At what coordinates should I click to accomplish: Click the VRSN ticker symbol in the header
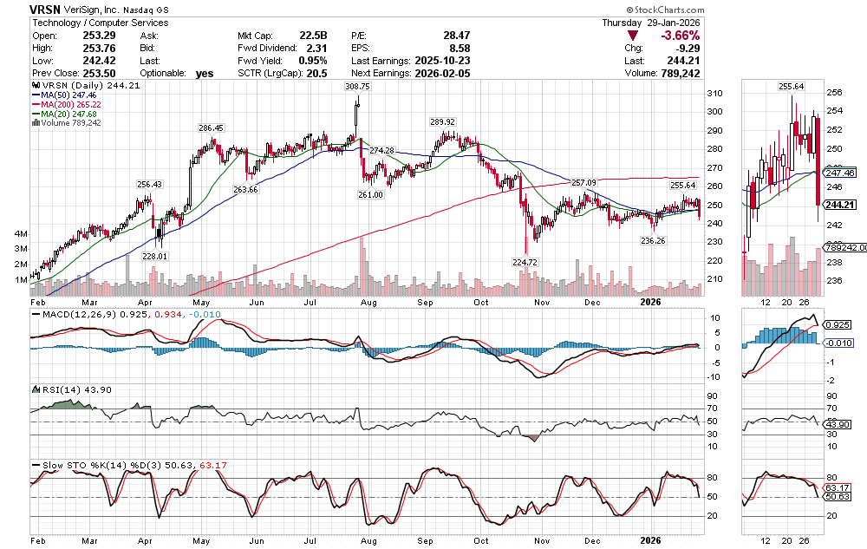point(44,8)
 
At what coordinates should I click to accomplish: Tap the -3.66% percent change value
point(681,36)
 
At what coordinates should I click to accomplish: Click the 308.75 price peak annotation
point(357,88)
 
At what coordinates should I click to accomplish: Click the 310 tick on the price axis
point(714,94)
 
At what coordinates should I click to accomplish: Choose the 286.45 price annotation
point(211,127)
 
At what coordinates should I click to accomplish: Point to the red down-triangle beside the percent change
point(633,36)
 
